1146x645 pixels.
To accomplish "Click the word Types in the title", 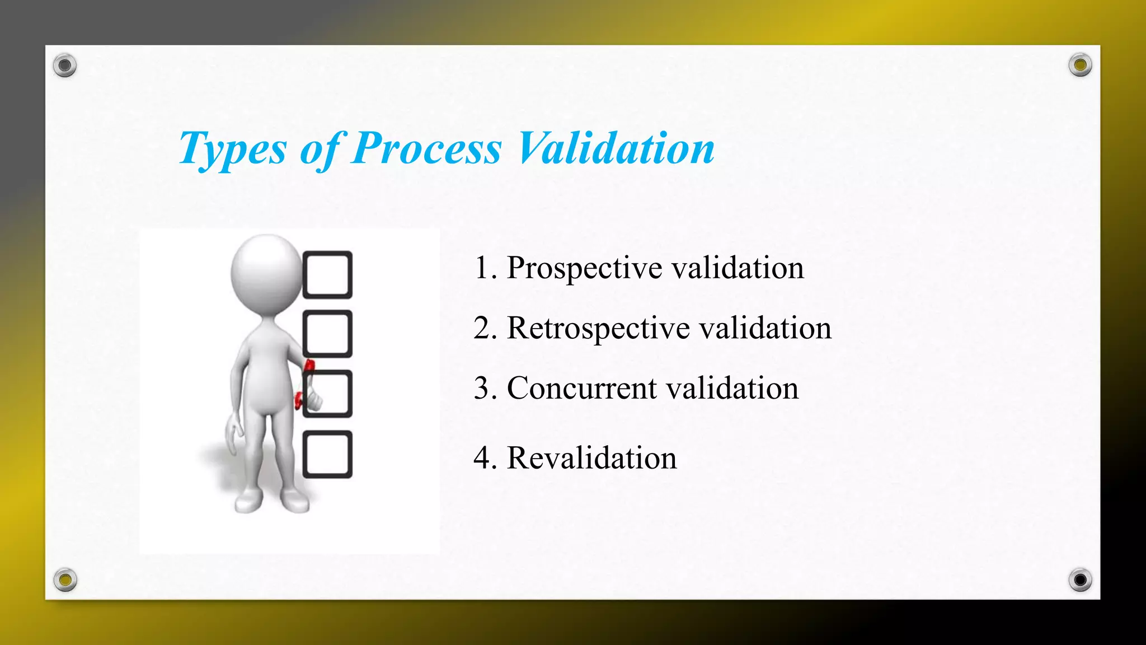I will (232, 149).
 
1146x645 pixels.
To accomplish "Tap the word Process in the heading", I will (426, 149).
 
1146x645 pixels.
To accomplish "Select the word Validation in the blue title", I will (616, 149).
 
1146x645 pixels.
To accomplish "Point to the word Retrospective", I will (598, 329).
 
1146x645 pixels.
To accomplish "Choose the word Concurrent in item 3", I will (581, 389).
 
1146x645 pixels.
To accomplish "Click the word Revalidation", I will (591, 459).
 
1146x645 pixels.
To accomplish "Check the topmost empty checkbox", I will (327, 274).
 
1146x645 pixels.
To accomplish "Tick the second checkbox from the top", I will (327, 334).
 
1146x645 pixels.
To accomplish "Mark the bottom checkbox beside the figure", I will (327, 455).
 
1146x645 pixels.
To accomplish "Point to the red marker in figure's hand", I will (308, 367).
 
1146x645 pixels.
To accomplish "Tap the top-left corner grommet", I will (65, 66).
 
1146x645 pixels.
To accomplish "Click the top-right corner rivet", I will (1080, 65).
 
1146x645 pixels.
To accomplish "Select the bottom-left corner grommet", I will (65, 579).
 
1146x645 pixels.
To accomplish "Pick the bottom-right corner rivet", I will (1080, 579).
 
